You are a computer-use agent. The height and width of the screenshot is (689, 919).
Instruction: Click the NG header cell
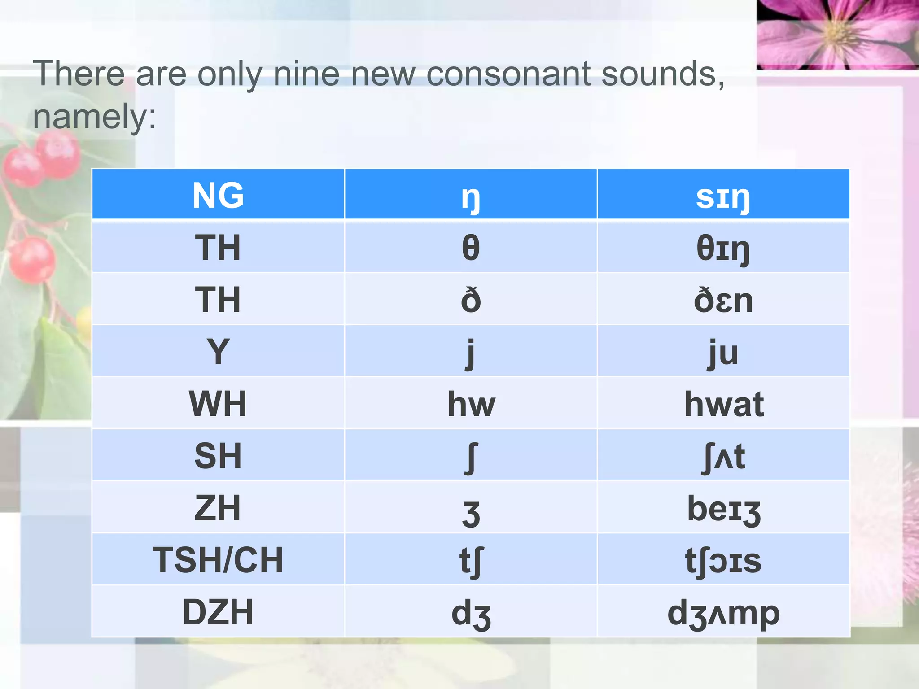(x=218, y=195)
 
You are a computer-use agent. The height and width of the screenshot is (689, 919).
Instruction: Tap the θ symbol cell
(x=471, y=248)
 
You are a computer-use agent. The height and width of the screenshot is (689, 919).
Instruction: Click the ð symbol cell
(x=471, y=300)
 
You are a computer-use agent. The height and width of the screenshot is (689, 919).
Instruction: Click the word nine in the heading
(x=306, y=74)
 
